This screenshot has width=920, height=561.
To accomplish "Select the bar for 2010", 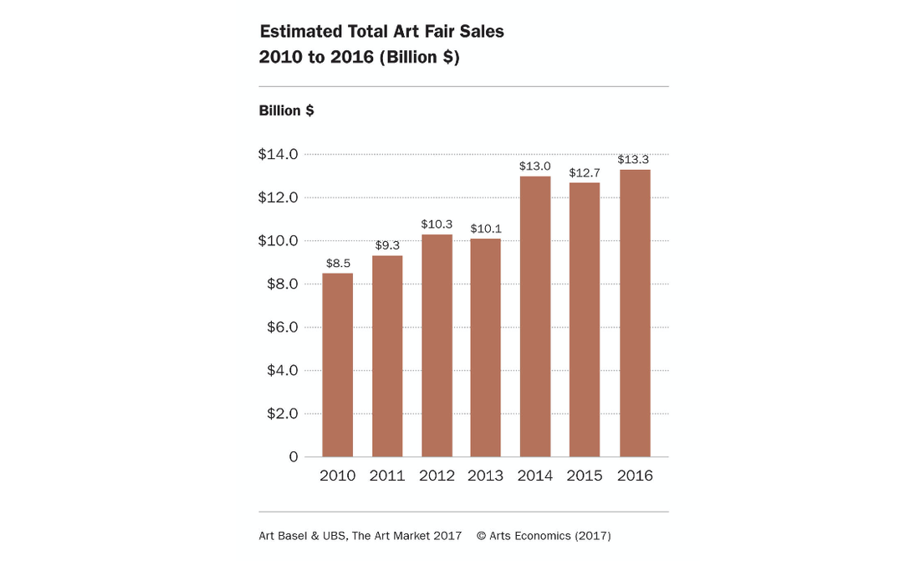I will point(337,364).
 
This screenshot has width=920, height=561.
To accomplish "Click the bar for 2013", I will point(486,347).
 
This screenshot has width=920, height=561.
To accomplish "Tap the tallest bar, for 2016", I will point(635,313).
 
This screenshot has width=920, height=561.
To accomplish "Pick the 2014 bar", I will point(535,317).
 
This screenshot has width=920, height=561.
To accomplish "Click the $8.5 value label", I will point(338,263).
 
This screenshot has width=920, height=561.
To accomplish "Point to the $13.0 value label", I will point(535,166).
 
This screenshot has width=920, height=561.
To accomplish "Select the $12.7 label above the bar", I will point(585,172).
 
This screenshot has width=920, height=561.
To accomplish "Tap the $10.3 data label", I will point(437,224).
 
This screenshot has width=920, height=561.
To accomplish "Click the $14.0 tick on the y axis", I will point(278,154).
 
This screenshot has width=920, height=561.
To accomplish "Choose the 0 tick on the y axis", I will point(294,456).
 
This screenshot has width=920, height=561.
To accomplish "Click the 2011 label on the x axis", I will point(387,476).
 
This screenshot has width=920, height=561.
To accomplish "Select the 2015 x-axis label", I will point(585,476).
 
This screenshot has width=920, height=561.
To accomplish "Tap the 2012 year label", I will point(437,476).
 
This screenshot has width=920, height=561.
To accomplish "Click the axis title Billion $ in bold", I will point(286,111).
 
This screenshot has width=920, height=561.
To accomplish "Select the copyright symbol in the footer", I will point(482,536).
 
